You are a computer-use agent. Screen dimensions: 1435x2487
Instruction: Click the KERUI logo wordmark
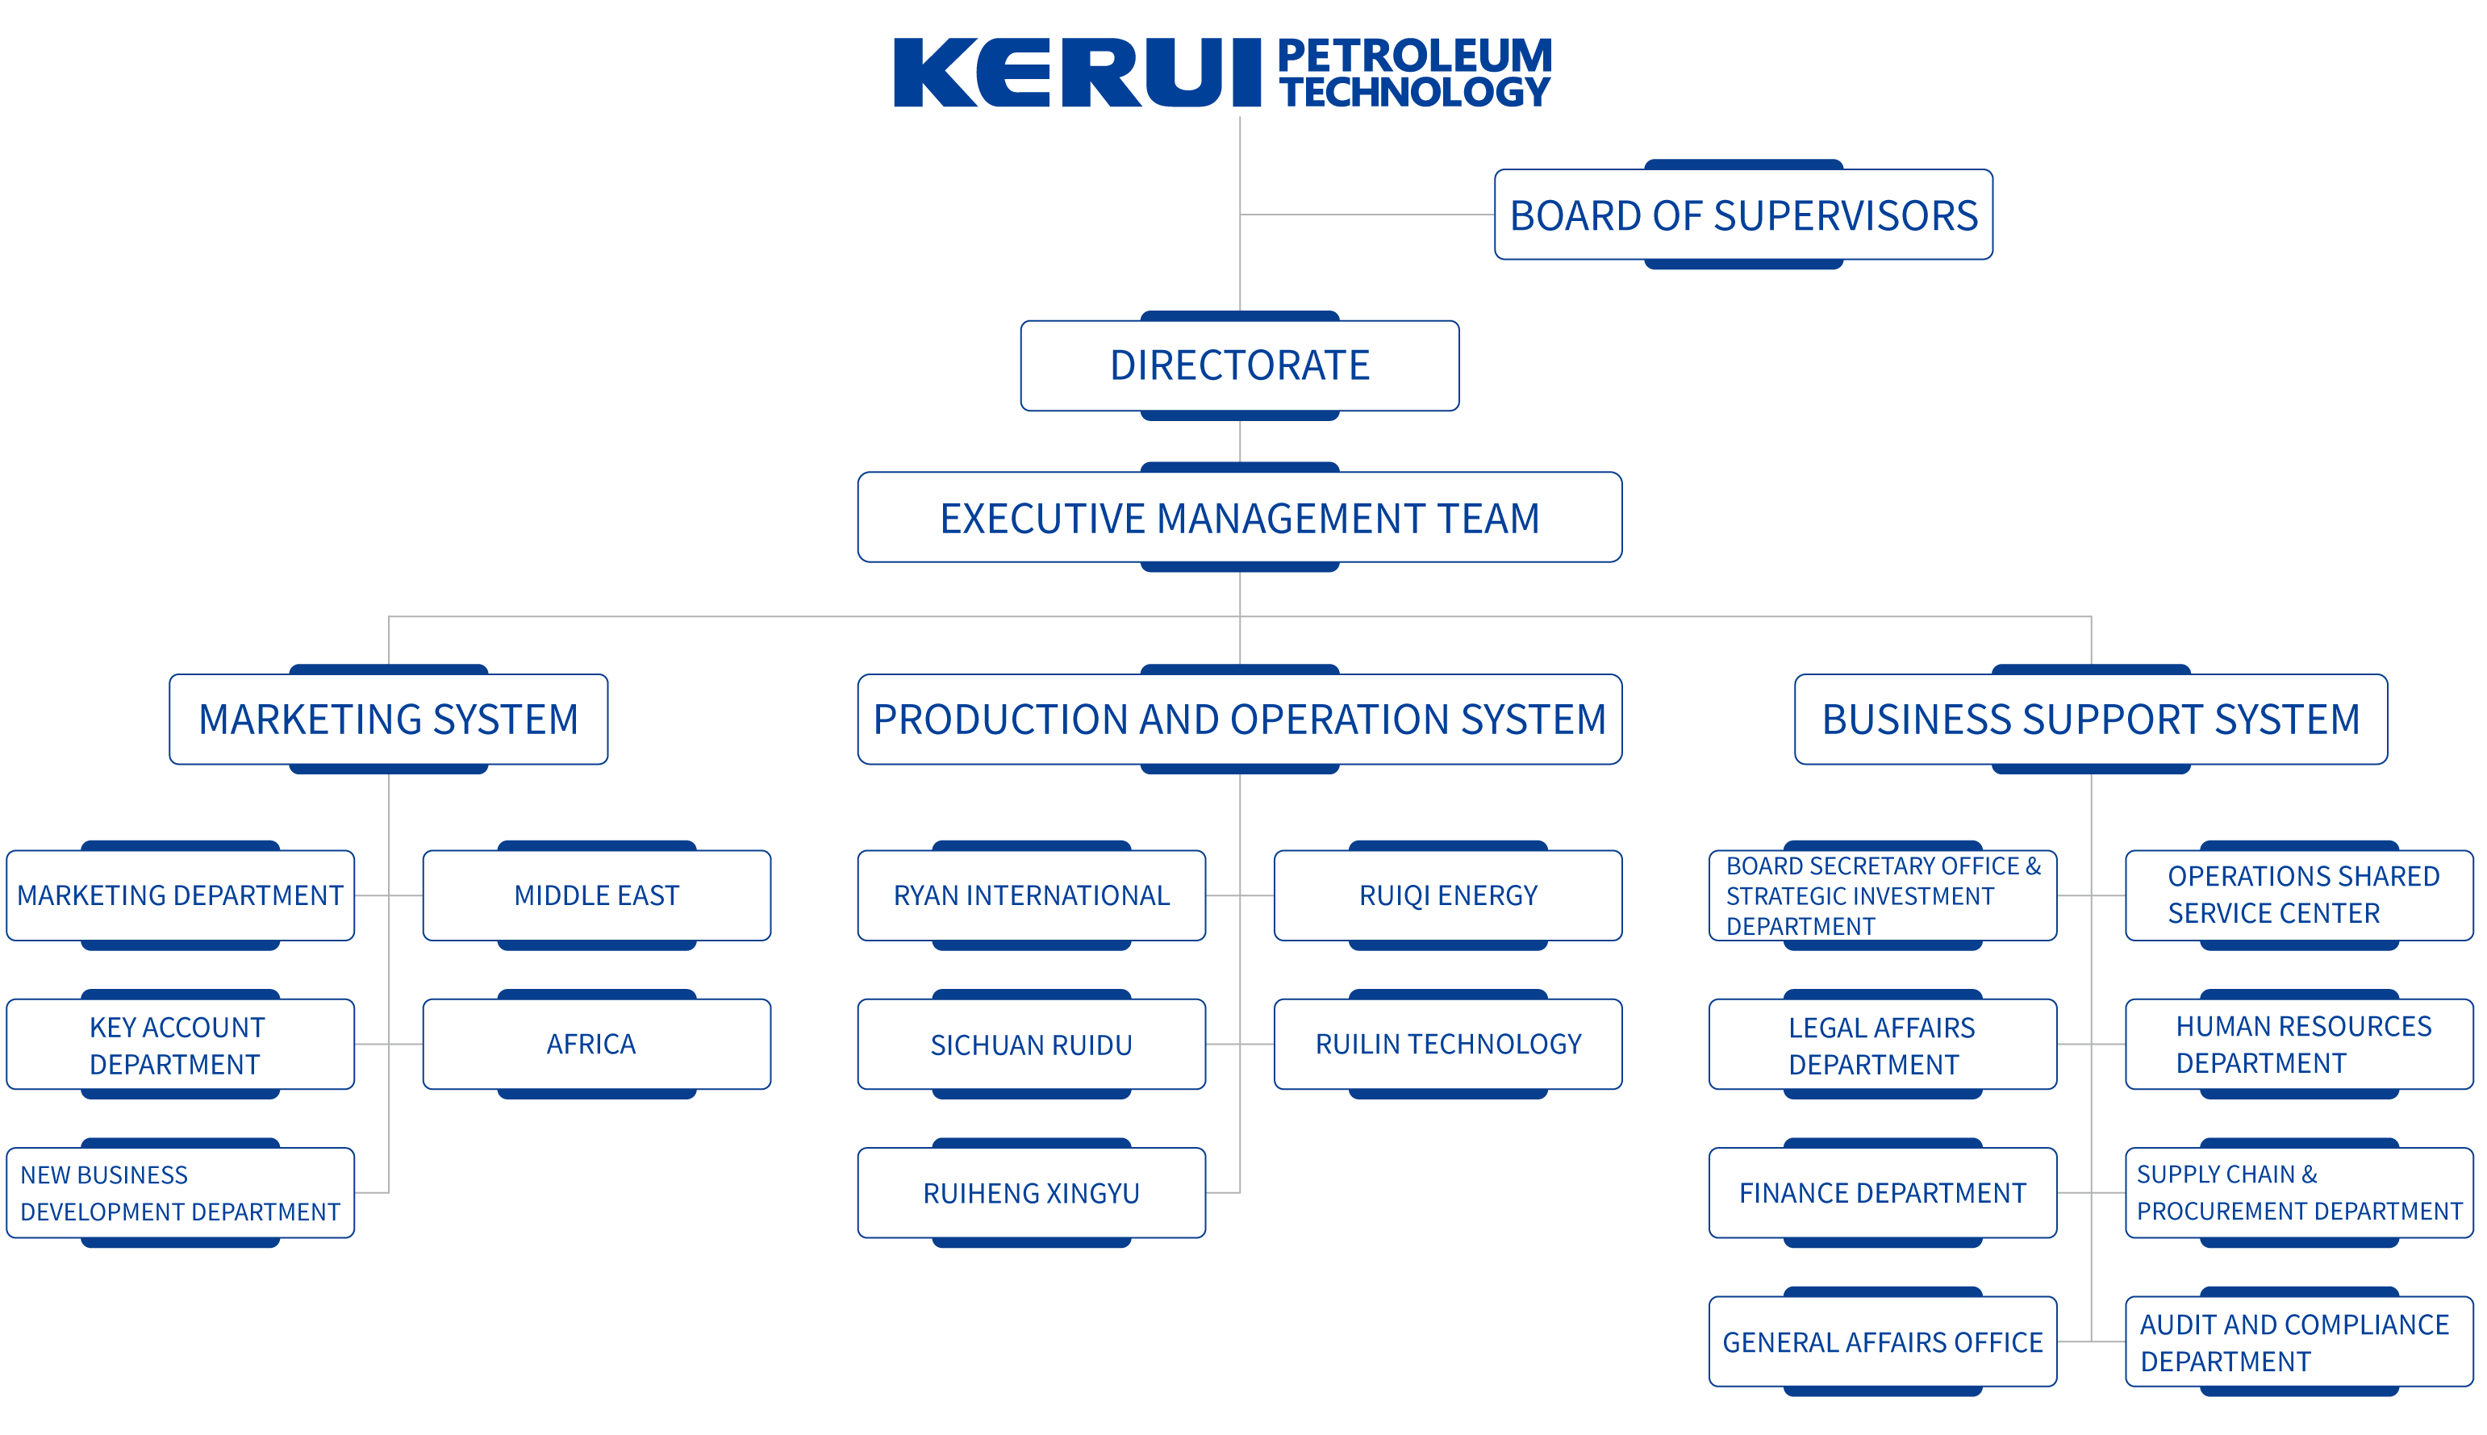(1076, 73)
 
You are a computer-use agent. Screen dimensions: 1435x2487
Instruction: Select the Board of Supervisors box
(1743, 215)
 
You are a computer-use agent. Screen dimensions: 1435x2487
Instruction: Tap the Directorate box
(1240, 365)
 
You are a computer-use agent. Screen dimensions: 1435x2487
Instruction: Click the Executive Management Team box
(1240, 517)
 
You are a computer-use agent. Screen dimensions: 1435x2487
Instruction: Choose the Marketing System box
(388, 720)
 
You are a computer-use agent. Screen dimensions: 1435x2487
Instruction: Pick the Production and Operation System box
(1240, 720)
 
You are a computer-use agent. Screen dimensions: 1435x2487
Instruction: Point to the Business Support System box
(2091, 720)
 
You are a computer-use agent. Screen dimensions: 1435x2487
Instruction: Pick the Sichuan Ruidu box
(1031, 1045)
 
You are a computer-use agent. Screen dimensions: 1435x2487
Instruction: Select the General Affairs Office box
(1882, 1341)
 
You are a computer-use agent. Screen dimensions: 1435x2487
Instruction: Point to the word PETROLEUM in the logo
(1415, 55)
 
